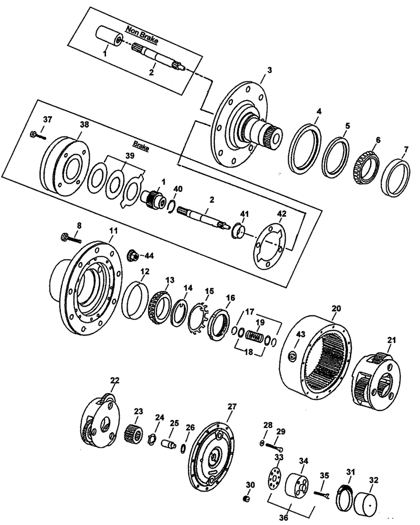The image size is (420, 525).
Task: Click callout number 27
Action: pyautogui.click(x=232, y=406)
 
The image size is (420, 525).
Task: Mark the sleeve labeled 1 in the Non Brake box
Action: pyautogui.click(x=110, y=41)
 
